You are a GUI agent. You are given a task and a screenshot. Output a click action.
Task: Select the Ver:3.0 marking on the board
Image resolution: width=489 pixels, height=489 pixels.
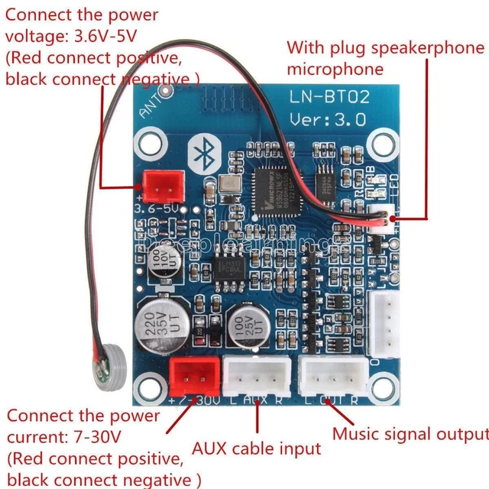pyautogui.click(x=328, y=119)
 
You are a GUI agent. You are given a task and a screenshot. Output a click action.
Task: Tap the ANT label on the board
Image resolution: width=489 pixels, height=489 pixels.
pyautogui.click(x=151, y=109)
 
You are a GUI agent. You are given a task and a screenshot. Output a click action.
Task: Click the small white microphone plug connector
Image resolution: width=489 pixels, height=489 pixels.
pyautogui.click(x=379, y=219)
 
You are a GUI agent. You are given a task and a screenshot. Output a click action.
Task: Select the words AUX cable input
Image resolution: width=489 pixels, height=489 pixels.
pyautogui.click(x=256, y=448)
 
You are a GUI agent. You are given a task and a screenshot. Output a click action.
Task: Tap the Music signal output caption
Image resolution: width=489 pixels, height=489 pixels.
pyautogui.click(x=410, y=433)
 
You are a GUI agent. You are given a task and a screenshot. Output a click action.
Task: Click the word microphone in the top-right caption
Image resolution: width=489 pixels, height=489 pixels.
pyautogui.click(x=335, y=70)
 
